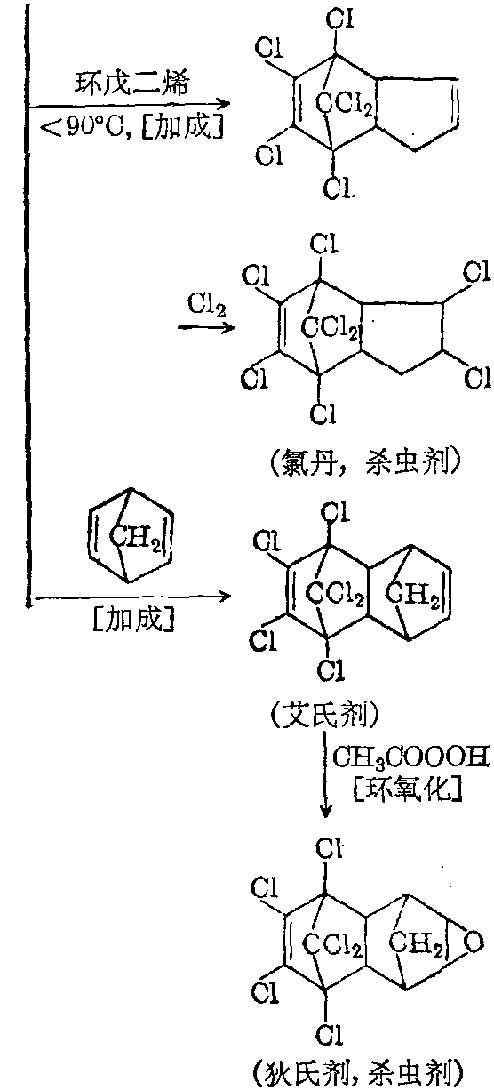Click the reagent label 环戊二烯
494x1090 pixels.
131,84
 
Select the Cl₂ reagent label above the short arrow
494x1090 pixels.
207,306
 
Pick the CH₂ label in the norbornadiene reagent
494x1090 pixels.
135,537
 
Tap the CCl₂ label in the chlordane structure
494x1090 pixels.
330,327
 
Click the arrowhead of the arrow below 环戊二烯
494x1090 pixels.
225,104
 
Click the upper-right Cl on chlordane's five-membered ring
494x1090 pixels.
476,272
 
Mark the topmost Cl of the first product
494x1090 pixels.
340,20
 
